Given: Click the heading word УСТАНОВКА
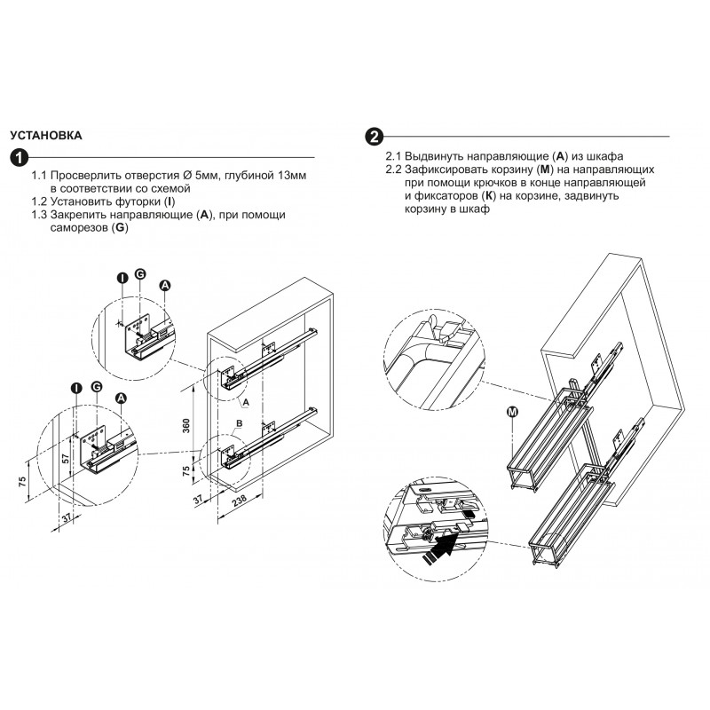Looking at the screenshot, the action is tap(46, 136).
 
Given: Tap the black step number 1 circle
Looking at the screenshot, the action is tap(20, 158).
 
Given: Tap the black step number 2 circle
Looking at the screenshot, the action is tap(374, 137).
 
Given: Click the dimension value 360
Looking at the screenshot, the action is tap(185, 426).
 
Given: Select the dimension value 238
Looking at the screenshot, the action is tap(239, 500).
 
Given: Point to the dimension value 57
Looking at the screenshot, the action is tap(66, 458).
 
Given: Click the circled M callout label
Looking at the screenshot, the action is tap(512, 412).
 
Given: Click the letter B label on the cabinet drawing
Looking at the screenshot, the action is tap(240, 423).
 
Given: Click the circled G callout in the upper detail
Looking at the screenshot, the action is tap(140, 274).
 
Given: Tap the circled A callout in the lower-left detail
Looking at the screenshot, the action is tap(121, 398).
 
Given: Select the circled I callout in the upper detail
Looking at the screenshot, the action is tap(122, 278).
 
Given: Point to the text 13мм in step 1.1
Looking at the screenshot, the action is tap(292, 175).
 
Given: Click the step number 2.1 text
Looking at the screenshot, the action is tap(393, 157).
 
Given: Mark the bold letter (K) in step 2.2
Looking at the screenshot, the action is tap(489, 196).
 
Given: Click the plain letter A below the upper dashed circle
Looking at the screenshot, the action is tap(246, 402).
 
